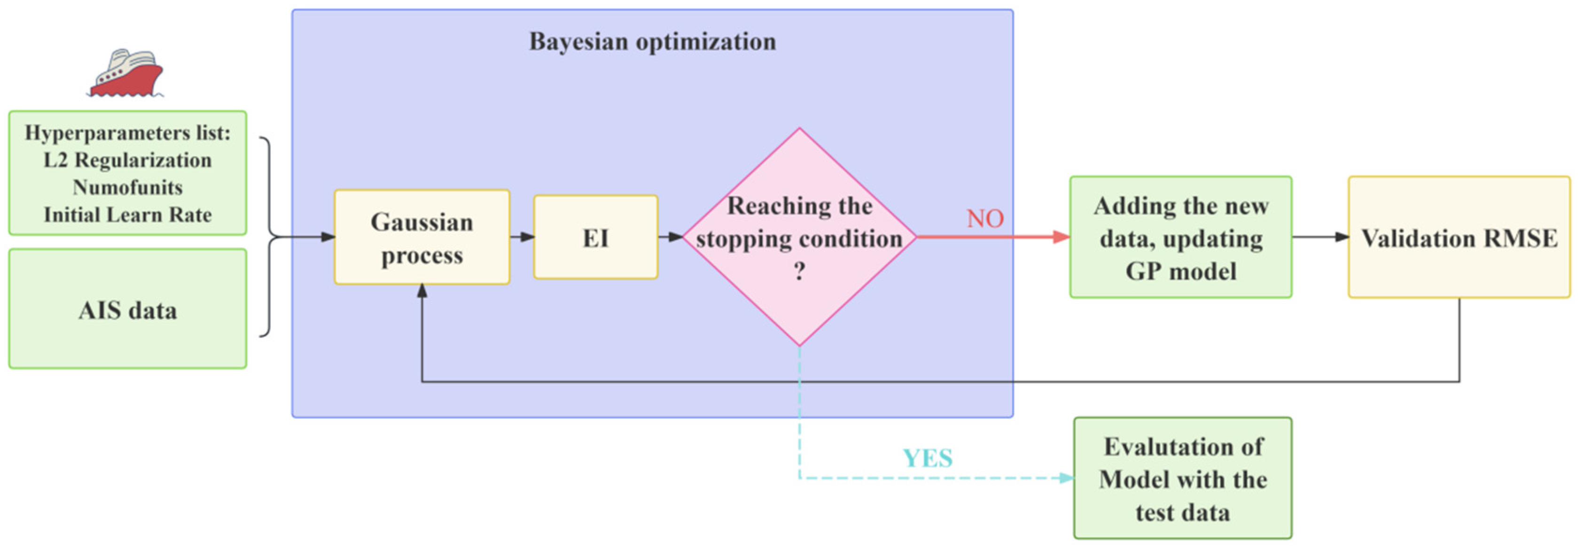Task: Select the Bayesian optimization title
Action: (x=652, y=42)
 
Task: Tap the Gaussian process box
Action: (x=422, y=238)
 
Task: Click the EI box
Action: (x=596, y=238)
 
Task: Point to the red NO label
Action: (x=985, y=218)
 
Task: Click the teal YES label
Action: (x=928, y=458)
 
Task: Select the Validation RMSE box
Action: (x=1459, y=238)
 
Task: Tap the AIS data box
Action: (x=127, y=309)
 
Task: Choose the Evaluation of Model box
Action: (x=1182, y=479)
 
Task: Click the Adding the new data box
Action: (x=1181, y=238)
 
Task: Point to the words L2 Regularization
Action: (x=127, y=160)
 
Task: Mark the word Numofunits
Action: (x=127, y=187)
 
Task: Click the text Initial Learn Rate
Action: (x=127, y=215)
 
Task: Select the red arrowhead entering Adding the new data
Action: (x=1061, y=237)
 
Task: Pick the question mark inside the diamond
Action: (x=799, y=271)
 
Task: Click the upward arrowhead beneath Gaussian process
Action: (x=422, y=291)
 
